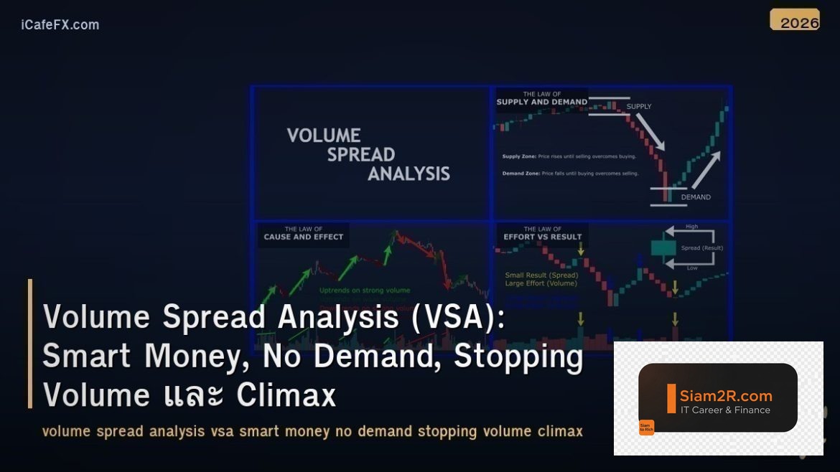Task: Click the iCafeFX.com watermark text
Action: pyautogui.click(x=60, y=24)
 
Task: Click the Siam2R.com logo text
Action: pyautogui.click(x=725, y=395)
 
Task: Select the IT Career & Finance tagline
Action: pyautogui.click(x=725, y=410)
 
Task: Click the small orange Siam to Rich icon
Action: pyautogui.click(x=646, y=428)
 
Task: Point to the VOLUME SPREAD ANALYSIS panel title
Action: pyautogui.click(x=368, y=154)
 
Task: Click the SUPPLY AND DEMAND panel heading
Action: pyautogui.click(x=542, y=101)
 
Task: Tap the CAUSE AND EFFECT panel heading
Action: pyautogui.click(x=303, y=236)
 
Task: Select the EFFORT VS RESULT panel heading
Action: pyautogui.click(x=542, y=236)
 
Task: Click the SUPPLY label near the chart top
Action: pyautogui.click(x=639, y=107)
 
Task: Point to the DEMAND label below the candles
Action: pyautogui.click(x=695, y=197)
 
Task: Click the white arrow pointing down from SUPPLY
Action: pyautogui.click(x=650, y=132)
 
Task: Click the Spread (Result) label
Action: pyautogui.click(x=701, y=248)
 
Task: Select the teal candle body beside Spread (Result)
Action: pyautogui.click(x=663, y=248)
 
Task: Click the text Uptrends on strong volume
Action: pyautogui.click(x=365, y=291)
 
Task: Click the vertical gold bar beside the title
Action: pyautogui.click(x=30, y=344)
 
